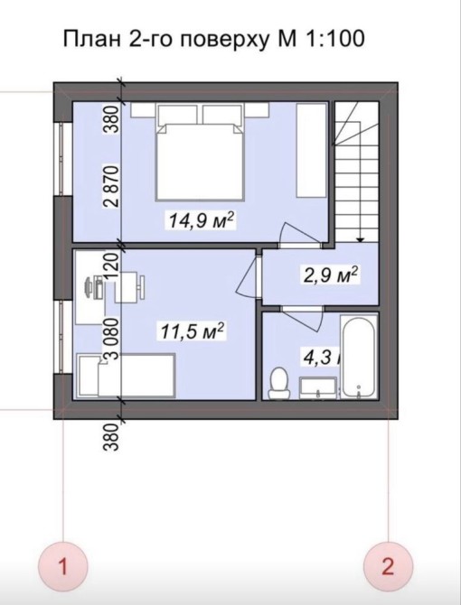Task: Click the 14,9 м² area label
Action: point(202,220)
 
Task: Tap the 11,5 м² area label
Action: point(193,331)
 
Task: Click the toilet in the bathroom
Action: point(278,383)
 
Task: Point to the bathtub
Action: point(358,357)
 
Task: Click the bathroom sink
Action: point(318,387)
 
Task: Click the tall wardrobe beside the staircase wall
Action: point(311,150)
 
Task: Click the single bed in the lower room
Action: point(127,375)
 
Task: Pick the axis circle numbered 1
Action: point(63,567)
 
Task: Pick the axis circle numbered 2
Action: point(388,567)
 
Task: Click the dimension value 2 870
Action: point(111,187)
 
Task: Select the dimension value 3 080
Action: point(111,339)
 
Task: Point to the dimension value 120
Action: point(111,266)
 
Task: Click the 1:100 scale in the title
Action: point(334,39)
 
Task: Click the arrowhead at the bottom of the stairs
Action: point(360,239)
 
